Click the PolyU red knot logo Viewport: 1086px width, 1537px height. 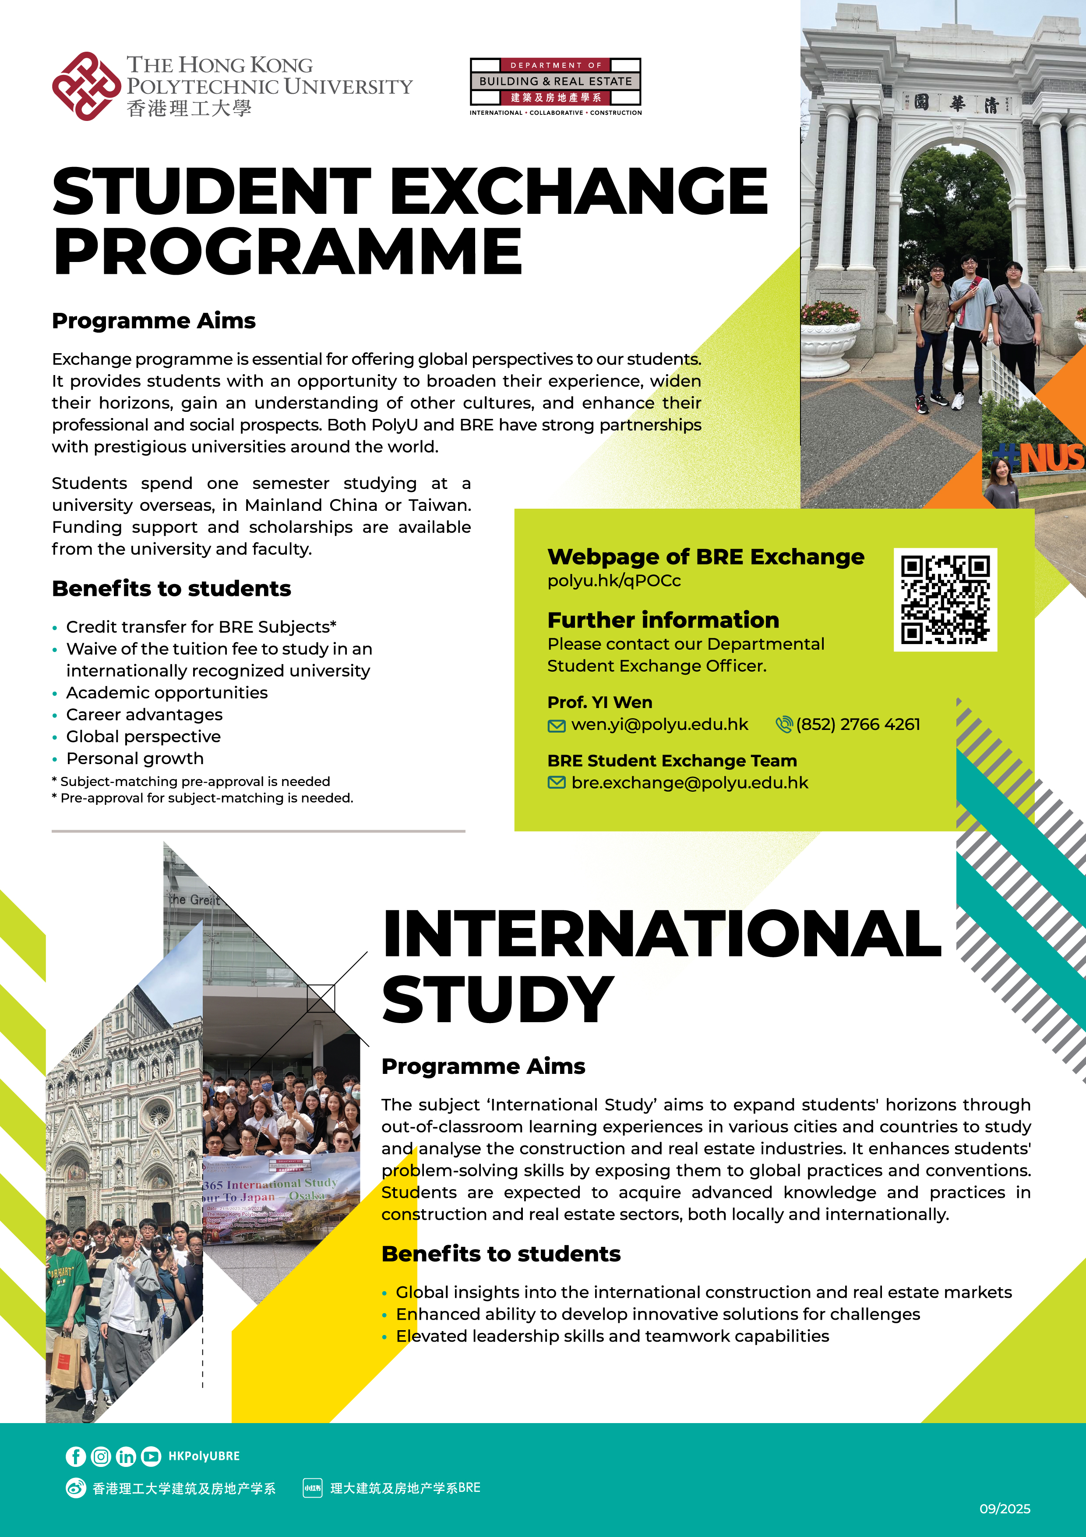click(86, 86)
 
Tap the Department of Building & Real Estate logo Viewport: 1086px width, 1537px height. click(555, 86)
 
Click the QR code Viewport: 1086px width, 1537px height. click(945, 599)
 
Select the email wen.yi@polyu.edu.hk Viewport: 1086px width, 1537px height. click(659, 724)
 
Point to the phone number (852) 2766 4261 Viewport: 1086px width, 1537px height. click(858, 724)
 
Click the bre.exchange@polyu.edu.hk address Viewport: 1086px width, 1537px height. click(689, 783)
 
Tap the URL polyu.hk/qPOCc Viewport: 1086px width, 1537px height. click(614, 581)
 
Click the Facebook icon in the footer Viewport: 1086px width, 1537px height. click(76, 1456)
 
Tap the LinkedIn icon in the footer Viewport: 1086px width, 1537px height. click(126, 1456)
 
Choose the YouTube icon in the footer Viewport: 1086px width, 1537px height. click(151, 1456)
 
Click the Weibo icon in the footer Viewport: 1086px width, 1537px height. click(76, 1487)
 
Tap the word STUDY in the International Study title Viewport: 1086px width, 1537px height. click(498, 999)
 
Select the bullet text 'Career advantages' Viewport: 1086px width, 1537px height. click(144, 714)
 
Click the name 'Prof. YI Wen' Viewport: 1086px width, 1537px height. click(599, 702)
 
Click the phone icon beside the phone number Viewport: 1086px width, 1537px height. click(783, 724)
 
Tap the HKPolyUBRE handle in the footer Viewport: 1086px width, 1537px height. click(204, 1456)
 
